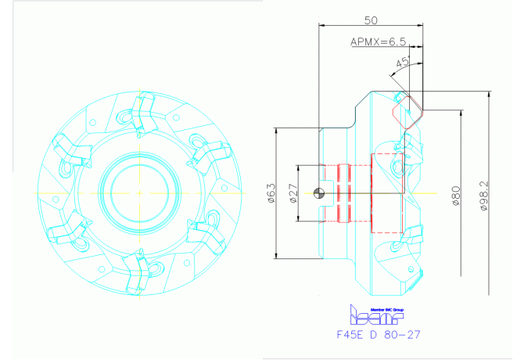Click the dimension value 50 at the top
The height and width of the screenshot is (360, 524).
(x=371, y=19)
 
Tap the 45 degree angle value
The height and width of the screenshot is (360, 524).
(x=403, y=62)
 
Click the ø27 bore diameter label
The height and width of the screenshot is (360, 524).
(x=293, y=193)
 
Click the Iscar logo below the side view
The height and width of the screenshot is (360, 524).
(x=374, y=315)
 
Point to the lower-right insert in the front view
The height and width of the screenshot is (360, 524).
(x=205, y=232)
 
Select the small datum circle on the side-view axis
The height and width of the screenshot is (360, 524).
(x=318, y=193)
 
